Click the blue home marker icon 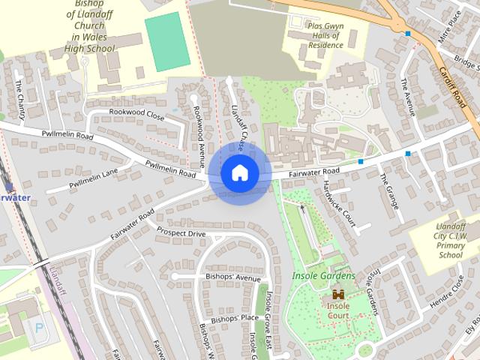click(239, 173)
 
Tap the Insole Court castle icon click(338, 294)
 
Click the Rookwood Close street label click(136, 116)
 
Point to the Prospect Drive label click(181, 234)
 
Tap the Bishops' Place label click(235, 319)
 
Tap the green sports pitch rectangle click(165, 41)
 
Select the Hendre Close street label click(448, 293)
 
